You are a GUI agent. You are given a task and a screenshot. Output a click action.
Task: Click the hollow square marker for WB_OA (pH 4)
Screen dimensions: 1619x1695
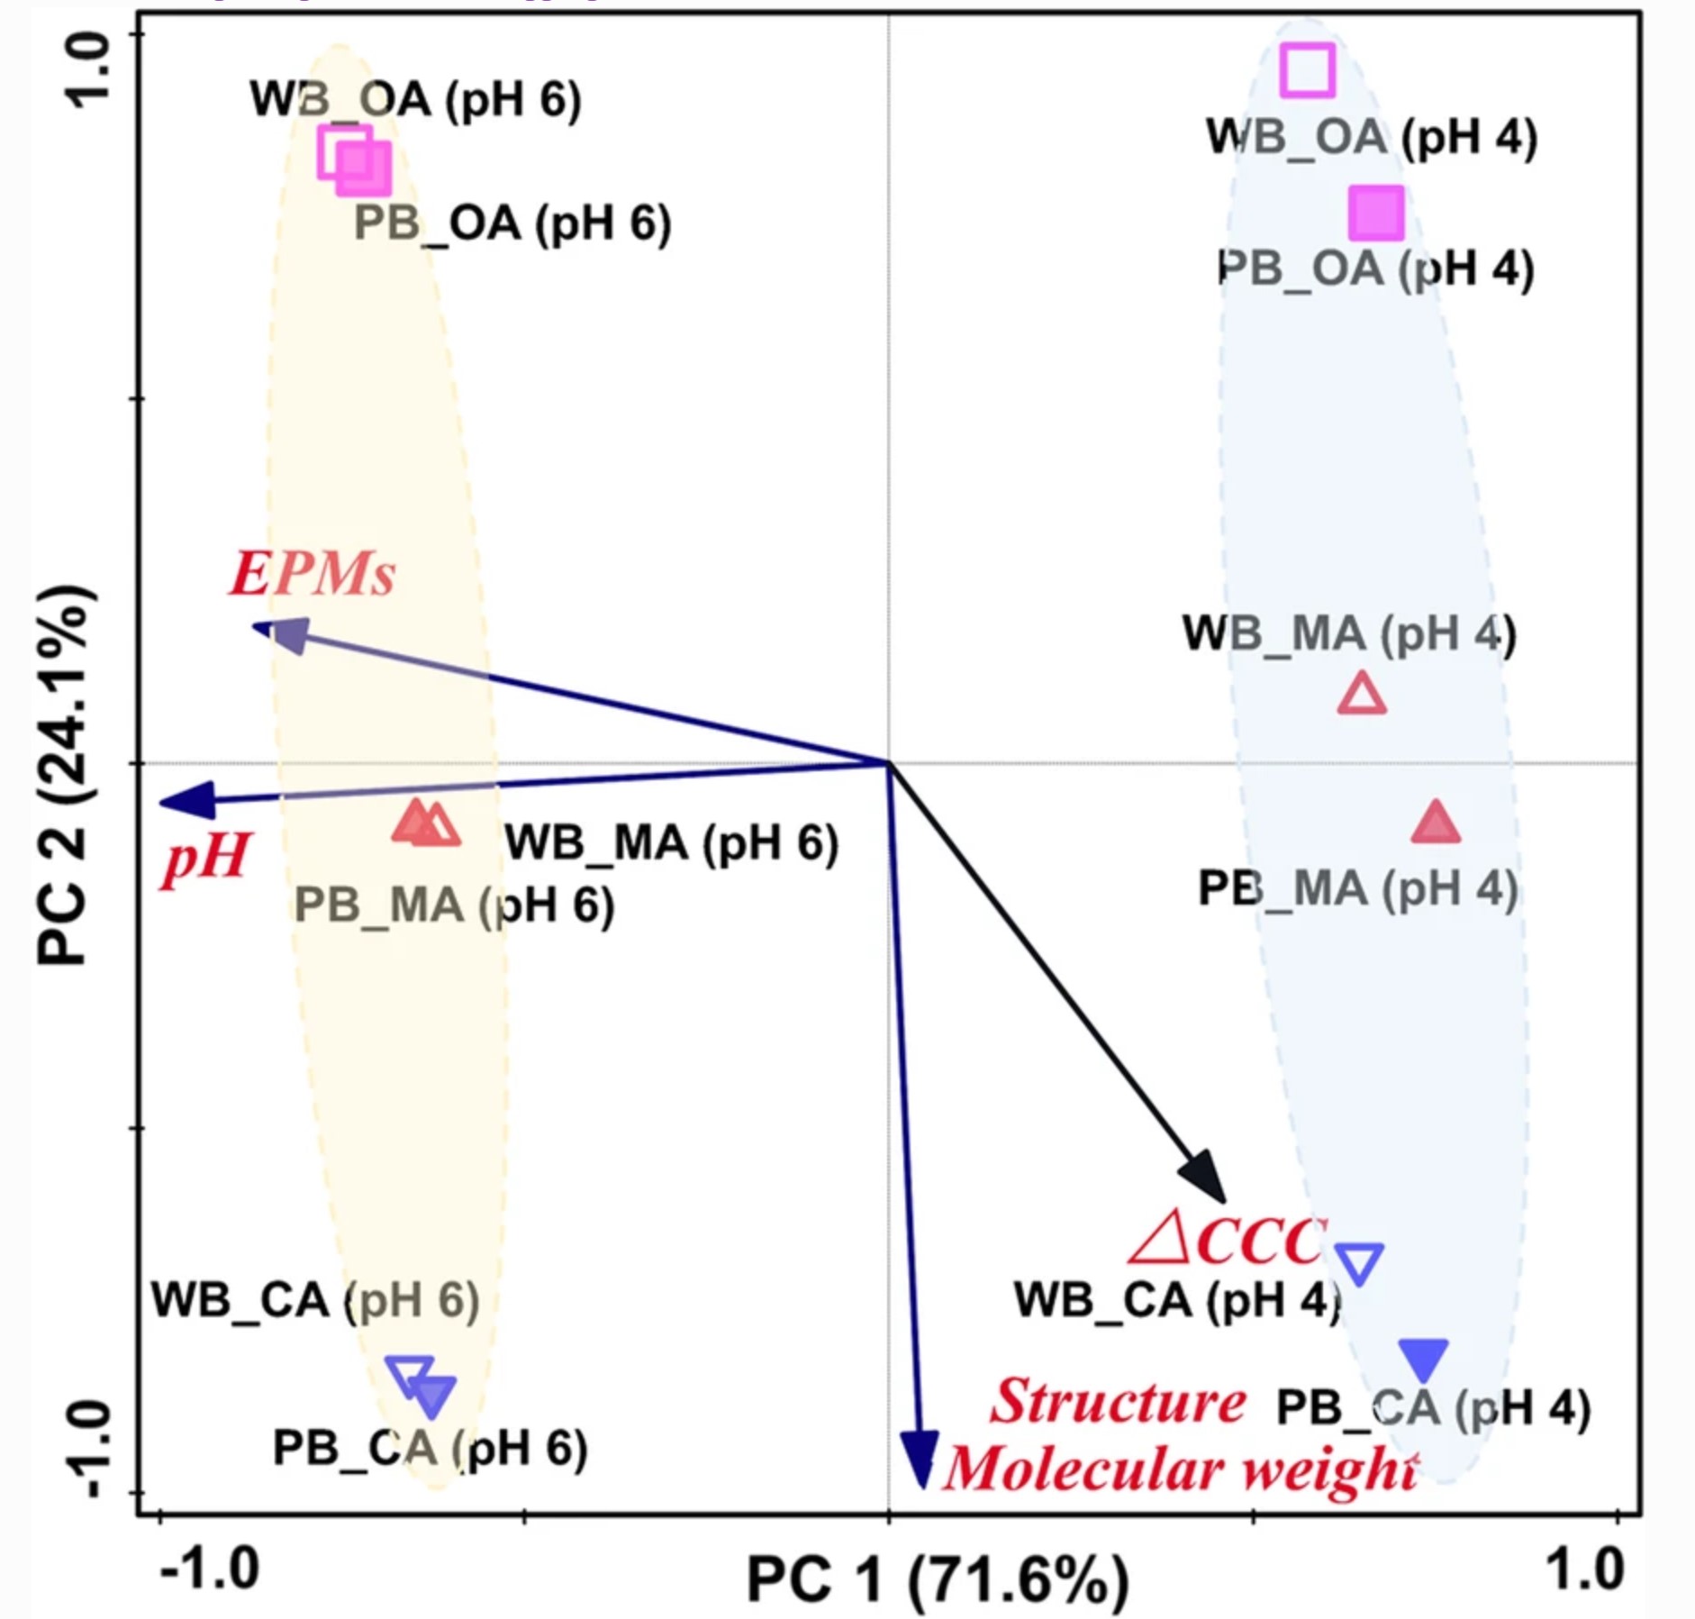tap(1307, 69)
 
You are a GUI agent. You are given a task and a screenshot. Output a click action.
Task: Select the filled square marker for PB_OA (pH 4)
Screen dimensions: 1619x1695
tap(1375, 214)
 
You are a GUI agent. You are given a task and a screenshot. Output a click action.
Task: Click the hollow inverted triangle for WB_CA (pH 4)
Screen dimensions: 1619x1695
tap(1358, 1262)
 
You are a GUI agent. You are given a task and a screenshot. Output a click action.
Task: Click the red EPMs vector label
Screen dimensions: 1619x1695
tap(313, 574)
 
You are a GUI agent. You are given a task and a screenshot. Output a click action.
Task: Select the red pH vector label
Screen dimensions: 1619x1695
tap(206, 856)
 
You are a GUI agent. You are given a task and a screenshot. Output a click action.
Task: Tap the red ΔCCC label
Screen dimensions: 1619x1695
tap(1227, 1241)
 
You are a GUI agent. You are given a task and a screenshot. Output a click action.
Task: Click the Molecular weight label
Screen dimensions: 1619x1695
tap(1181, 1469)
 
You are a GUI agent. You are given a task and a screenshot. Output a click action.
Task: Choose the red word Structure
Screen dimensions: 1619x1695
tap(1118, 1402)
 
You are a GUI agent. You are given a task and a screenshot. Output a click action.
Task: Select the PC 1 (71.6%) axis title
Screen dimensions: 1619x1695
tap(938, 1579)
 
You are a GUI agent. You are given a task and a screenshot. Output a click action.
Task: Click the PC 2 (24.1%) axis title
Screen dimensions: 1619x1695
tap(64, 775)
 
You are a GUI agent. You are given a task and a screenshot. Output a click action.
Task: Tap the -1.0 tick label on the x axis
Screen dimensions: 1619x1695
tap(210, 1568)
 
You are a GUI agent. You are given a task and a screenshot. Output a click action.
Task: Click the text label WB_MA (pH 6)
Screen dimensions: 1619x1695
tap(671, 843)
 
